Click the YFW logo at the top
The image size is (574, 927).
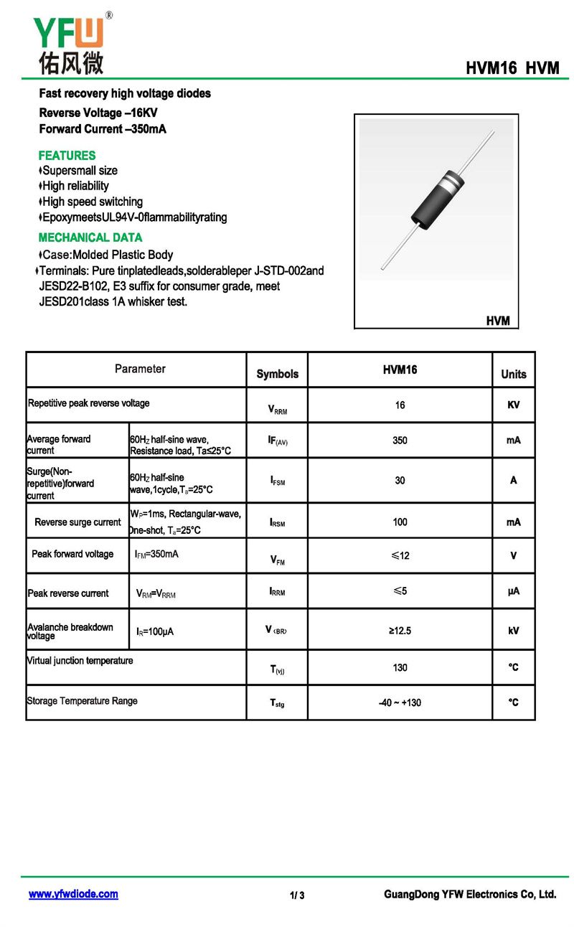(70, 44)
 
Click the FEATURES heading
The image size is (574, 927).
(67, 156)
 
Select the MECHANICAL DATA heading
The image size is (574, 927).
(90, 237)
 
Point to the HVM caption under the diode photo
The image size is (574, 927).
(497, 321)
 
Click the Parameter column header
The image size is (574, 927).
(140, 369)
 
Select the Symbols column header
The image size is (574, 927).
(277, 374)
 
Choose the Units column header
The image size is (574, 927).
(513, 374)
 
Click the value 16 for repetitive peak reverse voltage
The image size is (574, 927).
(400, 405)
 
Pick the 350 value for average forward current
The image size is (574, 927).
(400, 441)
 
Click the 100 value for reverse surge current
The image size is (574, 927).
(400, 522)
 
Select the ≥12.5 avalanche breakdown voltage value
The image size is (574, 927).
(400, 631)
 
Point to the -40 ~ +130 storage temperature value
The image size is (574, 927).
(400, 703)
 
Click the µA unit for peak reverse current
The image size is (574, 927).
(513, 591)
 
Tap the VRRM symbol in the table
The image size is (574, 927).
(277, 410)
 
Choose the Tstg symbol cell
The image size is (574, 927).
(277, 703)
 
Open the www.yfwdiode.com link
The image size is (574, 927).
(73, 894)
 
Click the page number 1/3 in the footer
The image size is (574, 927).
(297, 895)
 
